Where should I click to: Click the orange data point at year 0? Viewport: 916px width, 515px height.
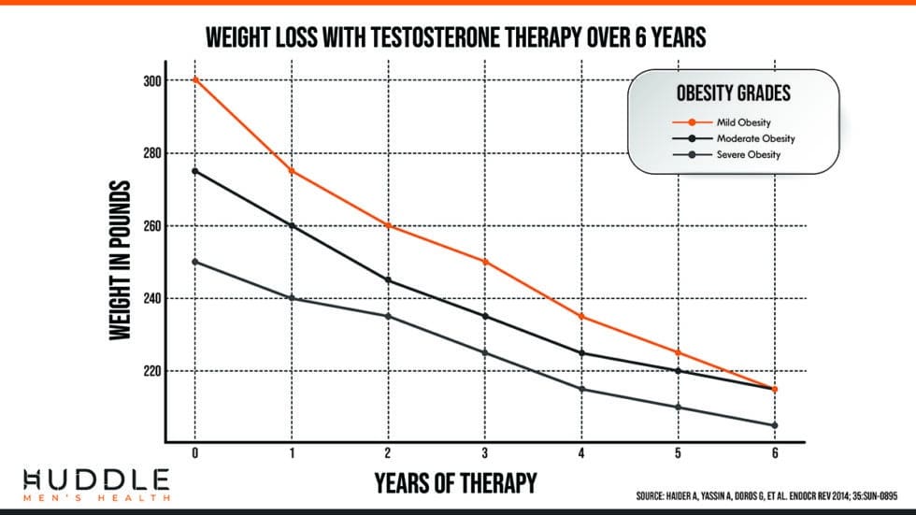[x=195, y=80]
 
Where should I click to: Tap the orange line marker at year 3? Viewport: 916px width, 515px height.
[x=485, y=262]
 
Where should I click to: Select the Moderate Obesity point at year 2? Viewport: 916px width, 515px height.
[x=388, y=280]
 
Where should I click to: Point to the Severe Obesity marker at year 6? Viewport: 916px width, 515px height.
[x=775, y=425]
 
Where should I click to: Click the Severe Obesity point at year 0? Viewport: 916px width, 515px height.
[x=195, y=262]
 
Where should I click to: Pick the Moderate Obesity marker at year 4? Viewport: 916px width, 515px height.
[x=581, y=352]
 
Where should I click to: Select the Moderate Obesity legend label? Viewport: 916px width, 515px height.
[x=755, y=138]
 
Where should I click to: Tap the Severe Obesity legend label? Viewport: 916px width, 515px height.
[x=748, y=155]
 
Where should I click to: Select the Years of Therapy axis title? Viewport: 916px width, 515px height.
[x=455, y=483]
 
